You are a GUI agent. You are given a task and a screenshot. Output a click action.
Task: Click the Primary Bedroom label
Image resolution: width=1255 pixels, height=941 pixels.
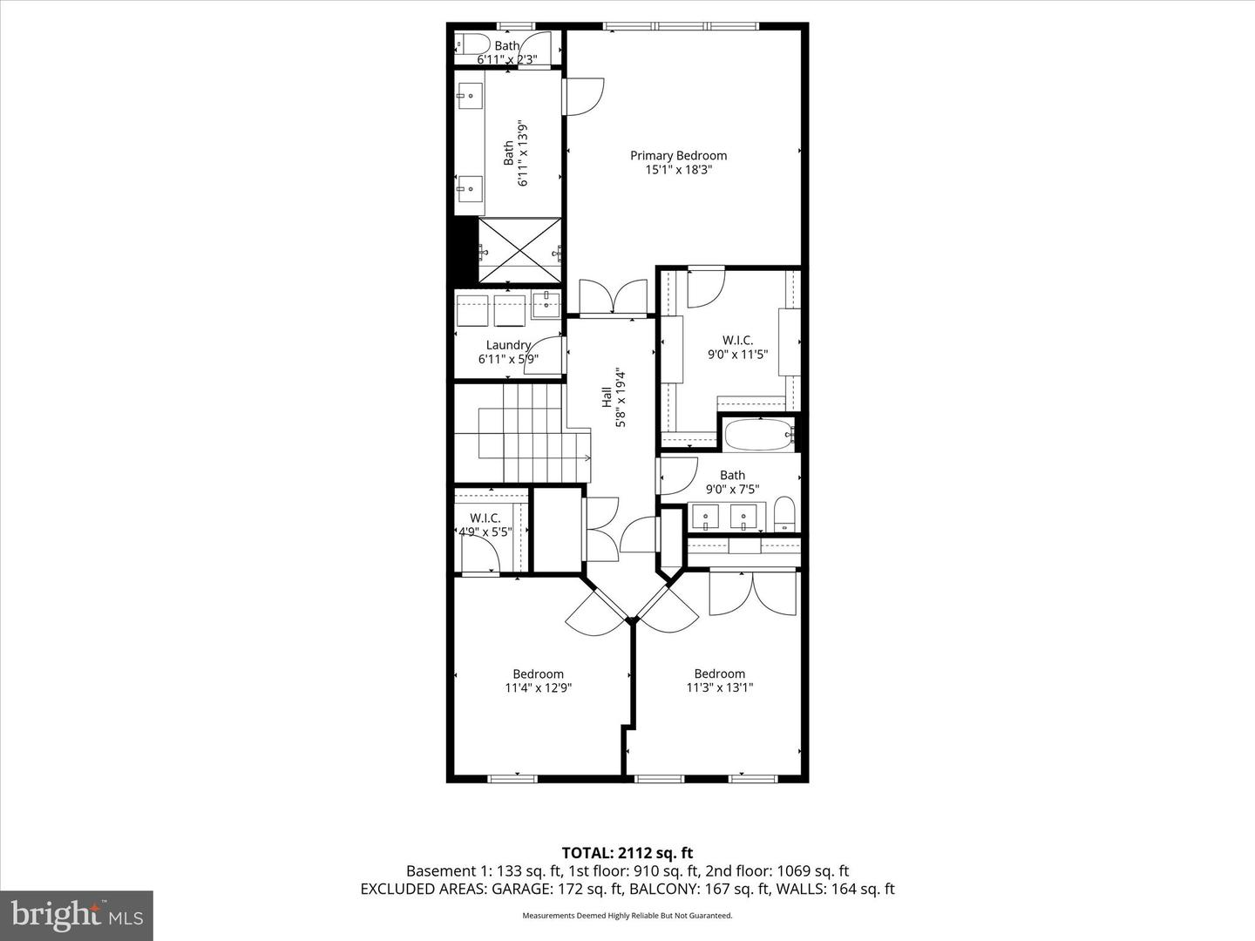click(x=678, y=156)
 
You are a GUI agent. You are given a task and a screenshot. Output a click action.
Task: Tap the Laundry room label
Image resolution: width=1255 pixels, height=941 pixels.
click(x=508, y=345)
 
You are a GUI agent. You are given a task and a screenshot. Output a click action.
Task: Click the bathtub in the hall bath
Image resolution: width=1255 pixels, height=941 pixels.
click(x=758, y=434)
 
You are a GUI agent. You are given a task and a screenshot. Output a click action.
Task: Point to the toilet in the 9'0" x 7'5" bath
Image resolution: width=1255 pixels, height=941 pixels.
click(x=784, y=514)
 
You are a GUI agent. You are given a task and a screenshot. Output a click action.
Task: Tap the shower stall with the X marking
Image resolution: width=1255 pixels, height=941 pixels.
click(x=519, y=251)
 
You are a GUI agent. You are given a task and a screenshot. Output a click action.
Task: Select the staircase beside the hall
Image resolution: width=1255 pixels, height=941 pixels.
click(x=523, y=433)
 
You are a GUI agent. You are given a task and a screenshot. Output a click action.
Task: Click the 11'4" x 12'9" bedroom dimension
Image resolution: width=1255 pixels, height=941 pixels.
click(x=538, y=687)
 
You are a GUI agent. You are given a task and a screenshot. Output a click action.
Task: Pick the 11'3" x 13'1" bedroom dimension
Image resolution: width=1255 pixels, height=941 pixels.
click(x=719, y=687)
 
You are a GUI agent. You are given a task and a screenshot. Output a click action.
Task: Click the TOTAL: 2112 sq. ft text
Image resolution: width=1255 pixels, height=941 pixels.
click(x=627, y=853)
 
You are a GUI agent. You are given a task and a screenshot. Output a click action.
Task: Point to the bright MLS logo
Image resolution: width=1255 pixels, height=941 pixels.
click(x=76, y=915)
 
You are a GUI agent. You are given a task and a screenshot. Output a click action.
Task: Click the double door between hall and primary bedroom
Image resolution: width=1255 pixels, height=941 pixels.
click(x=614, y=297)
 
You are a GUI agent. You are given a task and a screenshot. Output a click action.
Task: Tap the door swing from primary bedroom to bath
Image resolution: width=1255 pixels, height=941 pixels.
click(x=584, y=96)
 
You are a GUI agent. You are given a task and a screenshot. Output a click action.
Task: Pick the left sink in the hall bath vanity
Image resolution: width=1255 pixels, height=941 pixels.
click(x=704, y=516)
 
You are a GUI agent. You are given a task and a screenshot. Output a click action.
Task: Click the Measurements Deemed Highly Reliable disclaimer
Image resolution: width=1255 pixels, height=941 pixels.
click(x=627, y=916)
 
